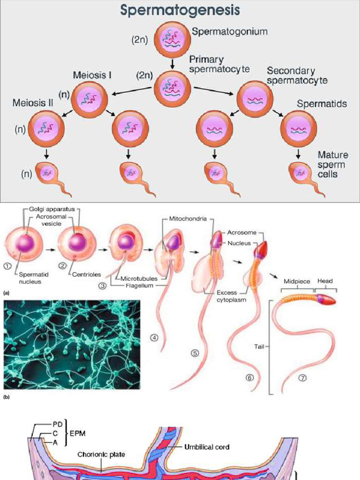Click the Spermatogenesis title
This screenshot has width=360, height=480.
180,10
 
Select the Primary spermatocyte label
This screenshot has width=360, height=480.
219,64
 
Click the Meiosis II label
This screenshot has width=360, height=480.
33,103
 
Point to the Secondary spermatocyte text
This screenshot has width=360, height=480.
297,75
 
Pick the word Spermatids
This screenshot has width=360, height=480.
322,104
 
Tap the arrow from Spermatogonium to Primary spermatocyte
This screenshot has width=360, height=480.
172,63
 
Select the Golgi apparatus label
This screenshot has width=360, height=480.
52,209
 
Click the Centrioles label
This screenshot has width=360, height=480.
86,274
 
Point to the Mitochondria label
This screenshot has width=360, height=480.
187,219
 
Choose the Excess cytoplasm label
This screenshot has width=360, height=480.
231,296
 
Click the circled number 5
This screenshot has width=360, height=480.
195,353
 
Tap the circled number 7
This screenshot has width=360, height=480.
302,378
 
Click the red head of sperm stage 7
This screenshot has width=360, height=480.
328,300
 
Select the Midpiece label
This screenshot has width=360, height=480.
297,281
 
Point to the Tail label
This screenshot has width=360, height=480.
259,346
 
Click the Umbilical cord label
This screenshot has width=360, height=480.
207,447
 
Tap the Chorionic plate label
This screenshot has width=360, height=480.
101,454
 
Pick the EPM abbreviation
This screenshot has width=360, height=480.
77,434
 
